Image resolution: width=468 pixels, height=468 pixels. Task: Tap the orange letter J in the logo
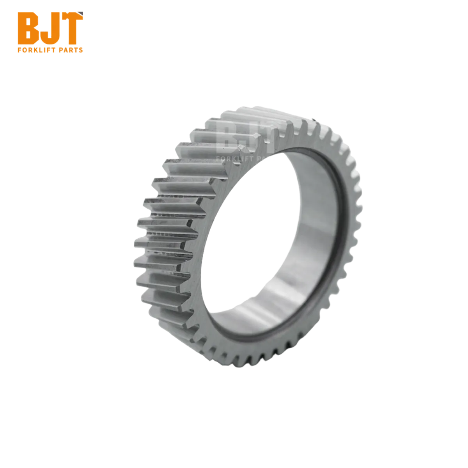tap(48, 28)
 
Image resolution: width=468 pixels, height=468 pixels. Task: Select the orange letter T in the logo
tap(71, 28)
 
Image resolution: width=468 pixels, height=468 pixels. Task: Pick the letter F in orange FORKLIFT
tap(19, 50)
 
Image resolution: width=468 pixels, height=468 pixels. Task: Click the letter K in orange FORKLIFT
tap(34, 50)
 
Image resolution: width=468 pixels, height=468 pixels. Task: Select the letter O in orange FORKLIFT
tap(25, 50)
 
